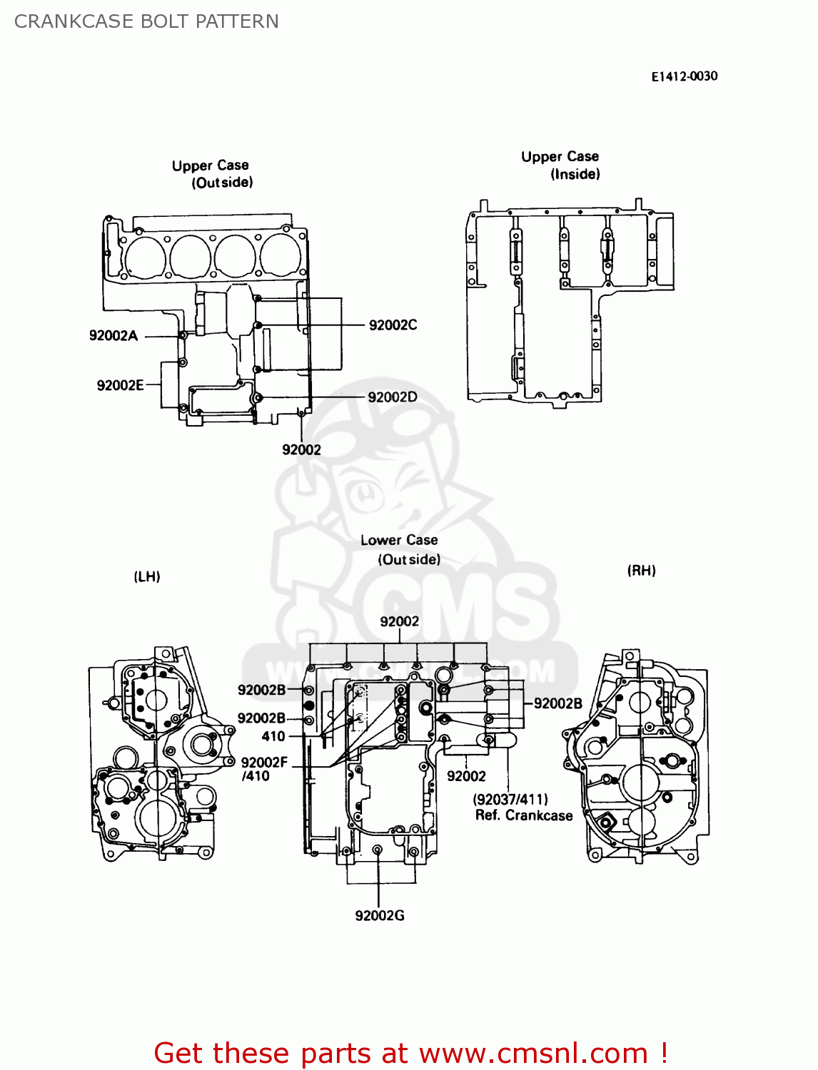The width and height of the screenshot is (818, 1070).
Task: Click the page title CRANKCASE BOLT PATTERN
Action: (x=146, y=21)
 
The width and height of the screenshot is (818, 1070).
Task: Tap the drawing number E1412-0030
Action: (x=684, y=76)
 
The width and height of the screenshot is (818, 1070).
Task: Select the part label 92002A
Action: (x=113, y=335)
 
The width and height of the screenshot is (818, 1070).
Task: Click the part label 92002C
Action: (x=393, y=325)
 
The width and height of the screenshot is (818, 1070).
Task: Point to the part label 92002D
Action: (x=393, y=397)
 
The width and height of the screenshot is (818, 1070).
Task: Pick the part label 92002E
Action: (x=120, y=385)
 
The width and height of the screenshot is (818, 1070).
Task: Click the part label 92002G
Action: (x=380, y=915)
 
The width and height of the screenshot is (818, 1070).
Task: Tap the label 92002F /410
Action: (x=263, y=769)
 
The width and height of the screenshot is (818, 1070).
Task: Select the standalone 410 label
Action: (x=273, y=736)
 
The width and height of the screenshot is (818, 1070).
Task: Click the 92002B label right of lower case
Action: (x=558, y=703)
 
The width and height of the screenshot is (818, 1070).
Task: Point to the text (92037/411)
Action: (x=510, y=799)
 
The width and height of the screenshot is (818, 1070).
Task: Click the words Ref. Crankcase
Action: (x=524, y=815)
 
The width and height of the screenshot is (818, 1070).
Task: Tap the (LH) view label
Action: (x=147, y=576)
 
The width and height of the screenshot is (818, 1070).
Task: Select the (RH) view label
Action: (x=641, y=570)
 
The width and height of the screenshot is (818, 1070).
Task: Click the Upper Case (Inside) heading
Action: (x=560, y=165)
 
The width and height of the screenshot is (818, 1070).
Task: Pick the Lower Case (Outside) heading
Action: (x=400, y=549)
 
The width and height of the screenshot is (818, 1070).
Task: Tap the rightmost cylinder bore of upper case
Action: (x=281, y=255)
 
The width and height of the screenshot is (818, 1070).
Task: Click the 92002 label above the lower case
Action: (x=400, y=621)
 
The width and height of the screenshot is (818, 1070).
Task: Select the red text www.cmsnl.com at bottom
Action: (x=533, y=1053)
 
